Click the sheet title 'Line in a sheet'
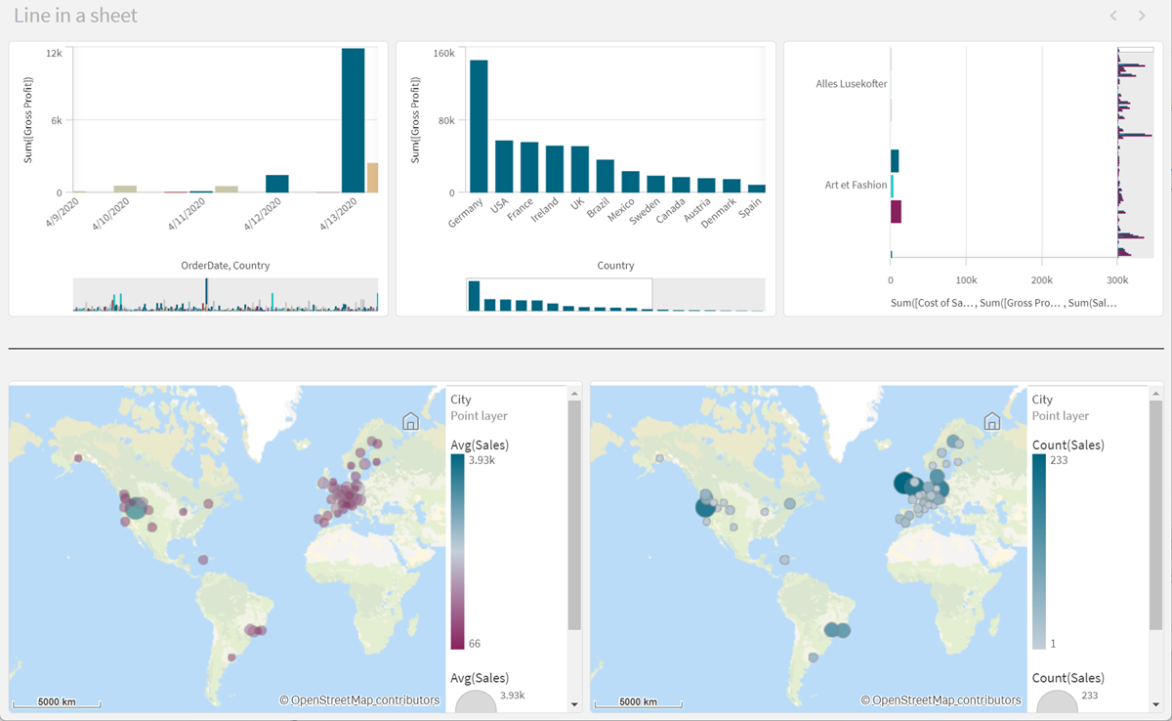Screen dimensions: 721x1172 click(75, 16)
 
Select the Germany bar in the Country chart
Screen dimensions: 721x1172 click(479, 126)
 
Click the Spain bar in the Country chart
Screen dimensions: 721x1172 click(757, 189)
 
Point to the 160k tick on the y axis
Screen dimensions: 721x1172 click(443, 53)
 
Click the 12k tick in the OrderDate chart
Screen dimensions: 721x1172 click(55, 53)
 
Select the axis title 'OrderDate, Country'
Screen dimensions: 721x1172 click(225, 266)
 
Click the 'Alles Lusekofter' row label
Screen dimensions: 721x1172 click(852, 84)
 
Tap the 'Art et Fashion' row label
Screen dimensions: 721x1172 click(856, 185)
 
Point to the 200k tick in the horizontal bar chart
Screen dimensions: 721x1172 click(1041, 279)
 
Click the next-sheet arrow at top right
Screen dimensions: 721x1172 click(1142, 16)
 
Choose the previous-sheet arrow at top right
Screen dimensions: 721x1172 click(1112, 16)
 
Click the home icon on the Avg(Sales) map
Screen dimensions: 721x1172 click(410, 421)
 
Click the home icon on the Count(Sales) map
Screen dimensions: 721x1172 click(991, 421)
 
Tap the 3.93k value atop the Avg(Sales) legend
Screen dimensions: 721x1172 click(482, 460)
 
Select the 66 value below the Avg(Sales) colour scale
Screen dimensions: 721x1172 click(475, 644)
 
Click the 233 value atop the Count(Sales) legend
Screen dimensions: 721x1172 click(1060, 460)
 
